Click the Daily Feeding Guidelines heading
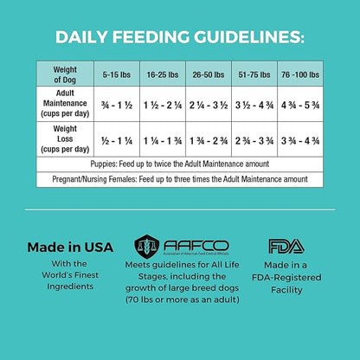click(x=180, y=37)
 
